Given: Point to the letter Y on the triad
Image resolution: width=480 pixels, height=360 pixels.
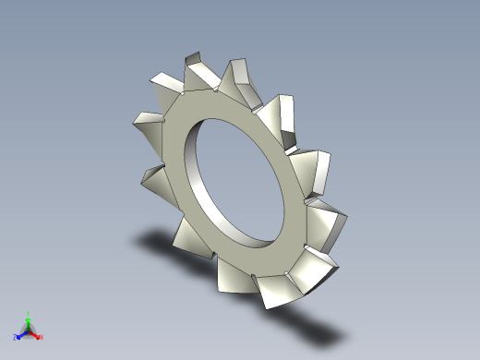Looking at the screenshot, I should coord(29,314).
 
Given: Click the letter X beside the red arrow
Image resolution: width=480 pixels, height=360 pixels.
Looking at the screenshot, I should coord(42,337).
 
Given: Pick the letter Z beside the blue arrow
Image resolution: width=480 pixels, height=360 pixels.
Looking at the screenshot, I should coord(16,337).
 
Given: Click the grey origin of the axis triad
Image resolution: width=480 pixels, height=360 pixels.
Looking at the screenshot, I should coord(29,330).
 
